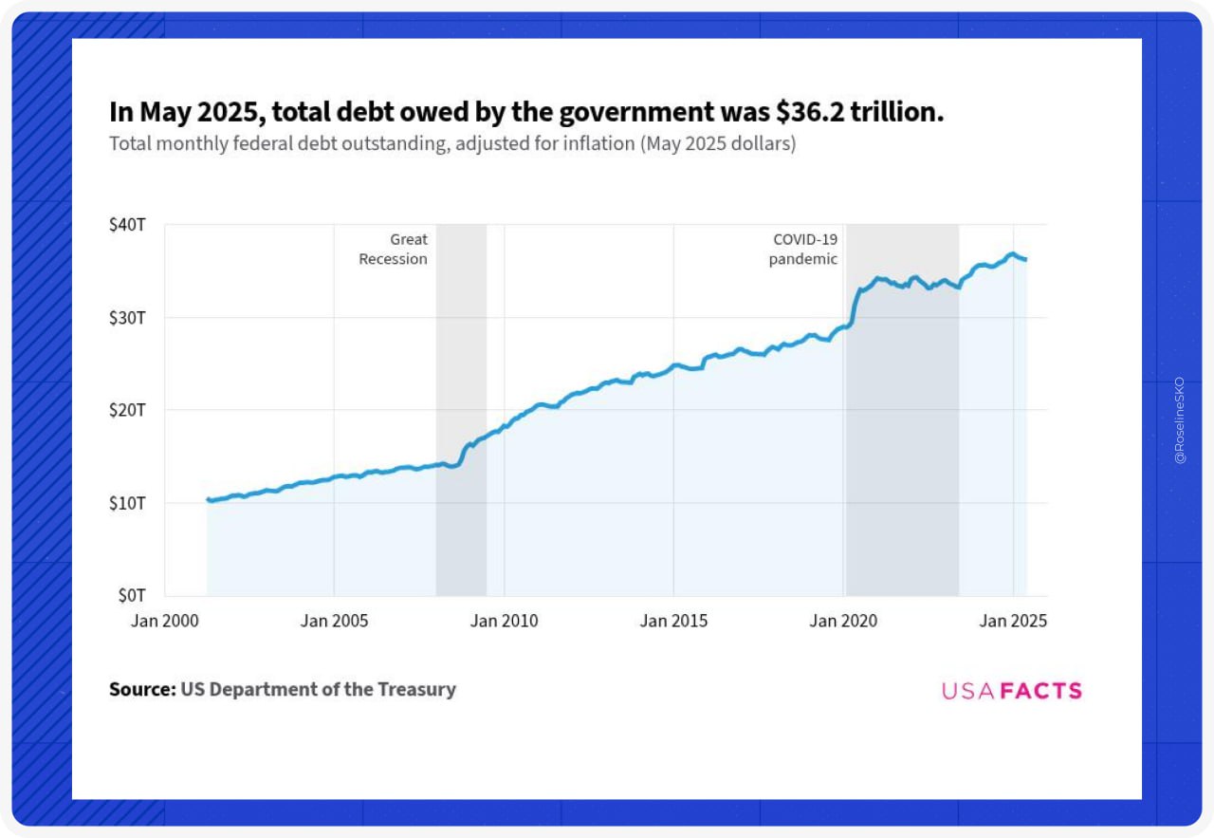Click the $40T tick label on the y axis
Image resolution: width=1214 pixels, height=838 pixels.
pos(127,225)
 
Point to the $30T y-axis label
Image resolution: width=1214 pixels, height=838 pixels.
pos(127,317)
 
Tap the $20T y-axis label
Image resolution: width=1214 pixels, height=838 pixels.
pos(127,410)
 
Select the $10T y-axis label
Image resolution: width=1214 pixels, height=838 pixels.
pos(127,502)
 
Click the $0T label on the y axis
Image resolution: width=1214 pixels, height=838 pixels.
pos(131,595)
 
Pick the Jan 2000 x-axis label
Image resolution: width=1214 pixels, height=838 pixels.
pos(165,621)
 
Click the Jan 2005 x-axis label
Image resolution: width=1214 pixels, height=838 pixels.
pos(334,621)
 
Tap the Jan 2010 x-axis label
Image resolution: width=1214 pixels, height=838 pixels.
pos(504,621)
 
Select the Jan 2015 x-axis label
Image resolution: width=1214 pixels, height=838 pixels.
pos(673,621)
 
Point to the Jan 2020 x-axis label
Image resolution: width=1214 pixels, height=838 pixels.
pos(843,621)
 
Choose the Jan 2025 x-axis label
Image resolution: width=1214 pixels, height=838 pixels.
pos(1013,621)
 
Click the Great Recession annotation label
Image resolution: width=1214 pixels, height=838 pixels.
pos(394,249)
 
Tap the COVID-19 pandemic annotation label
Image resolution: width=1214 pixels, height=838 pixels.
pos(803,249)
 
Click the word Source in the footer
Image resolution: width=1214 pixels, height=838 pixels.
pos(142,690)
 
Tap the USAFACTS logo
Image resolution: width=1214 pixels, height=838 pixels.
pos(1011,691)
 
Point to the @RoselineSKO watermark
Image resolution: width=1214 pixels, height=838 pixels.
pos(1180,418)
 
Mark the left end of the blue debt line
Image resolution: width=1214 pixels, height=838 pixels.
pos(208,499)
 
